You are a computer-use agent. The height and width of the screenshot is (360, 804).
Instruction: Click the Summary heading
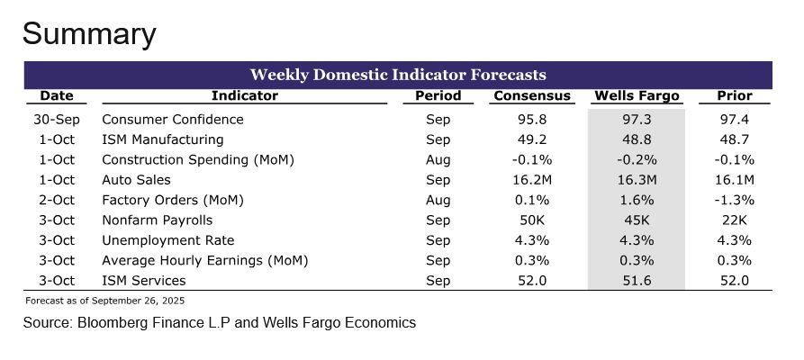[89, 34]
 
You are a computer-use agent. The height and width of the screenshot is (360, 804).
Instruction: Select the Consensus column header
[531, 95]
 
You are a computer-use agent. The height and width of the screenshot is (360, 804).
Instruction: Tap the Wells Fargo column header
[637, 95]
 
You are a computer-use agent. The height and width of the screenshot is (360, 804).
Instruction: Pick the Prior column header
[734, 95]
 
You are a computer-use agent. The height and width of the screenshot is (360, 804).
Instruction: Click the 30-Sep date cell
[56, 120]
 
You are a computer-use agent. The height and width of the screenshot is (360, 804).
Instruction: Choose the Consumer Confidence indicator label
[173, 120]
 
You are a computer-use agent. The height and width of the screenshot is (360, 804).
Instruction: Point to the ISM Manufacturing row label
[162, 139]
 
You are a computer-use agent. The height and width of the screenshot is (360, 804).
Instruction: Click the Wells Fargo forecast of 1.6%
[637, 200]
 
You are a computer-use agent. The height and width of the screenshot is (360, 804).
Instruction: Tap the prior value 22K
[734, 220]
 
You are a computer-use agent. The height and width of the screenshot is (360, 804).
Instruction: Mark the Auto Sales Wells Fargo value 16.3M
[637, 180]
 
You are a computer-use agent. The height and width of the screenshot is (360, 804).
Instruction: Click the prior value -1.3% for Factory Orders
[734, 200]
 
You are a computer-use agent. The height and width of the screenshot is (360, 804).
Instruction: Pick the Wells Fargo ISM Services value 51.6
[637, 281]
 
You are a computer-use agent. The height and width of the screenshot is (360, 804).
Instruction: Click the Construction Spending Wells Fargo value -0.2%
[637, 160]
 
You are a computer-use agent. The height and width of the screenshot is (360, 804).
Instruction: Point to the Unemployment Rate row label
[167, 240]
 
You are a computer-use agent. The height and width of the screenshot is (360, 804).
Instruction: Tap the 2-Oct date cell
[56, 200]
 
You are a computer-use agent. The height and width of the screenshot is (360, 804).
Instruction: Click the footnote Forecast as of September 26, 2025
[105, 300]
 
